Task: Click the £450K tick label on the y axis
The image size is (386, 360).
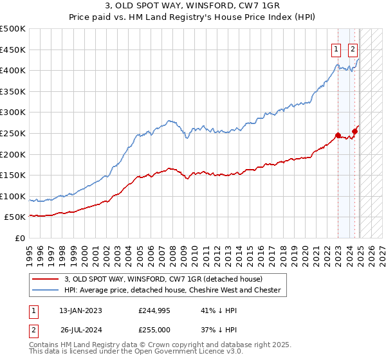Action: (13, 50)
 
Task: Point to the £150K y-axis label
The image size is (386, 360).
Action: (13, 175)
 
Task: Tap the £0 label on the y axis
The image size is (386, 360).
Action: (19, 238)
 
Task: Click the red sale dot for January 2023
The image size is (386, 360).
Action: (338, 135)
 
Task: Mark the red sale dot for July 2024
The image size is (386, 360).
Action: (354, 131)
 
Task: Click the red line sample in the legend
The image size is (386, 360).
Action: (46, 279)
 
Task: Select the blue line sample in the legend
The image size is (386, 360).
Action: (46, 290)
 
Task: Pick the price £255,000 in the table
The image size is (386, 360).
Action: (154, 330)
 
